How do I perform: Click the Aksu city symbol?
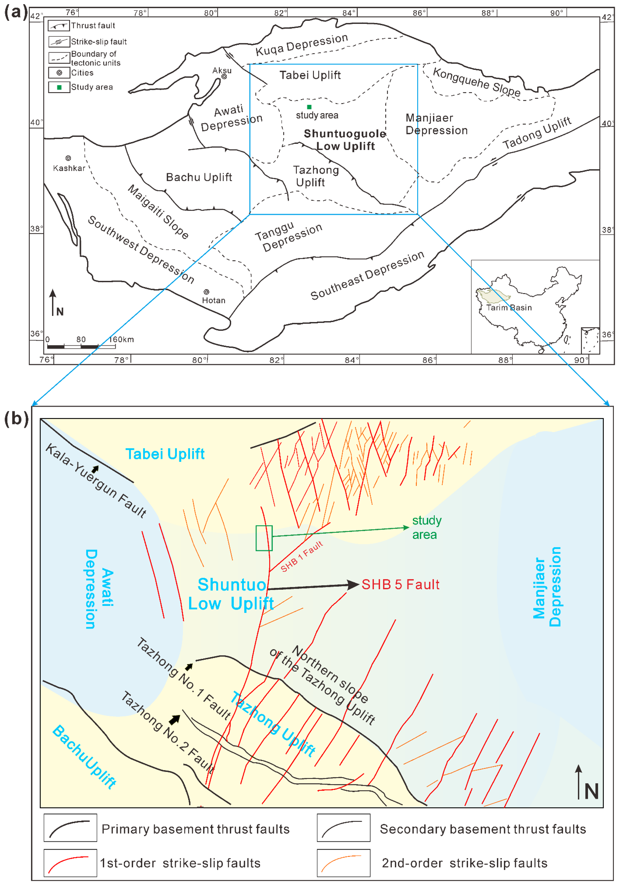click(224, 76)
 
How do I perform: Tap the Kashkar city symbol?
click(68, 158)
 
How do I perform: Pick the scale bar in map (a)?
click(81, 347)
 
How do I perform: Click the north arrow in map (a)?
click(53, 303)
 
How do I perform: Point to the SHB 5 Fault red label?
click(400, 585)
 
